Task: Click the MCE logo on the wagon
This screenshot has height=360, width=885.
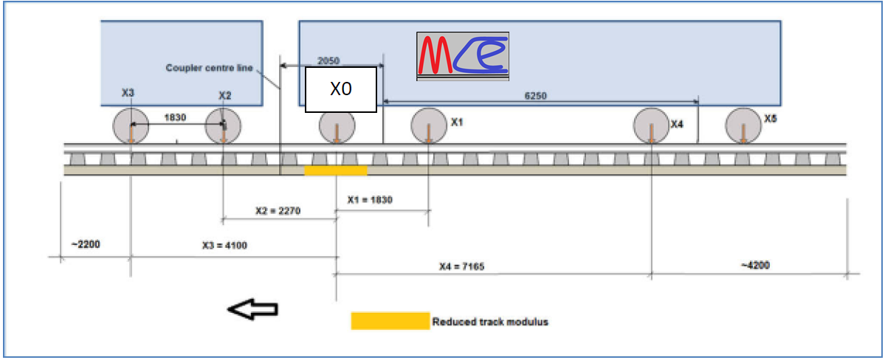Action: coord(462,55)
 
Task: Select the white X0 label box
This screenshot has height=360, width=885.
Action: coord(341,89)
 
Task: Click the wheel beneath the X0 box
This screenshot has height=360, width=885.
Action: coord(337,127)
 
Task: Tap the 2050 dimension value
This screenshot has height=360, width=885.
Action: coord(328,60)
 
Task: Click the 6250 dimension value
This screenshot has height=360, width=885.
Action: coord(536,95)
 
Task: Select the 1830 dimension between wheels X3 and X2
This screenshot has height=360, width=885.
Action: coord(175,117)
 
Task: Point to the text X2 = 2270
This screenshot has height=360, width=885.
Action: coord(278,210)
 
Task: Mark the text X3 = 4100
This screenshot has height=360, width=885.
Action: coord(224,246)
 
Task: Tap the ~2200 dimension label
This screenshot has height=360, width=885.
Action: coord(86,243)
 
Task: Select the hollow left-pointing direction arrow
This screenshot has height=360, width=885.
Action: coord(252,310)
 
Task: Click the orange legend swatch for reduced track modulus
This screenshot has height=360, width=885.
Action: coord(390,321)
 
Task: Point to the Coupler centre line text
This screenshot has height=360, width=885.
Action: coord(209,68)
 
